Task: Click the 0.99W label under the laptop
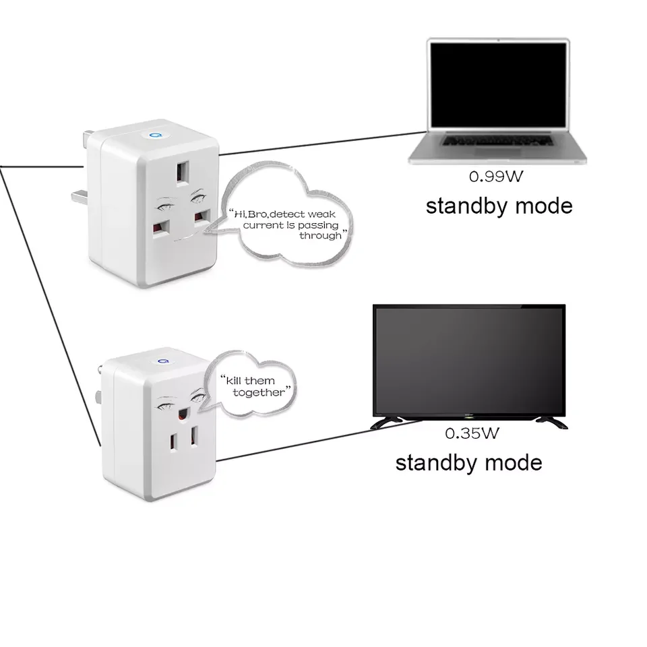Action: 496,177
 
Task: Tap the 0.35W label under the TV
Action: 472,433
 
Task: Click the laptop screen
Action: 498,86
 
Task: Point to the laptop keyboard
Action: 498,141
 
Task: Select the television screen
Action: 469,358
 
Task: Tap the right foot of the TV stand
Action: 551,422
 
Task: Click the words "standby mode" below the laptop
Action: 499,205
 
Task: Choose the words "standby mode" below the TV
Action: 468,462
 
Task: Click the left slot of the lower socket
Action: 171,442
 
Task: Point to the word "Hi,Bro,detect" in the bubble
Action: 264,213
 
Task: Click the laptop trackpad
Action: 498,156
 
